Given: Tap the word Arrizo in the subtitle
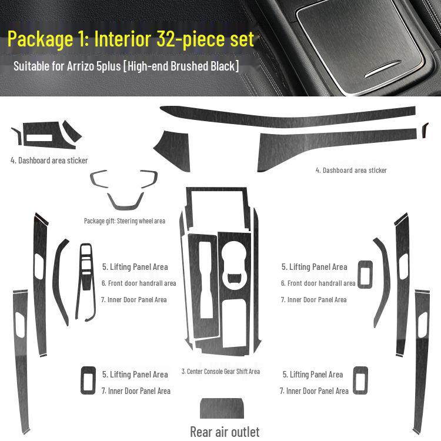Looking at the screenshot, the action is (x=81, y=66).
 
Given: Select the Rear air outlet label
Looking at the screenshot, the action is (x=225, y=432).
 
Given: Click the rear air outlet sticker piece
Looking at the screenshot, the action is (x=222, y=409).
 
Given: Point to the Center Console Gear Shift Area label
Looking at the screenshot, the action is (x=220, y=372).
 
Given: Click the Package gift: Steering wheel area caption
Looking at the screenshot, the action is (x=125, y=221).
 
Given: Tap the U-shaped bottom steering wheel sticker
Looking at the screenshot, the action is (x=125, y=203).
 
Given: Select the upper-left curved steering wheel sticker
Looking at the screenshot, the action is (x=99, y=178).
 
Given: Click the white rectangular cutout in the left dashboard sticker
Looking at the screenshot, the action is (x=39, y=138).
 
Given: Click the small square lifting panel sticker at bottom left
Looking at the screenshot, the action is (x=88, y=380).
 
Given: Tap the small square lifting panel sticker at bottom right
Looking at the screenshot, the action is (x=360, y=380).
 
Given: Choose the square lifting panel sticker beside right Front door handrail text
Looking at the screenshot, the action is (x=365, y=275).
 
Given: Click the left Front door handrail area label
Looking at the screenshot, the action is (x=139, y=283).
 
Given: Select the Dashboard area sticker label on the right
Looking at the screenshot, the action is (x=351, y=170).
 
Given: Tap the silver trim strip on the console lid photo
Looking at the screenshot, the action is (x=382, y=68).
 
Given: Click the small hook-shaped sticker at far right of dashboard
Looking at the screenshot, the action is (x=425, y=130).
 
